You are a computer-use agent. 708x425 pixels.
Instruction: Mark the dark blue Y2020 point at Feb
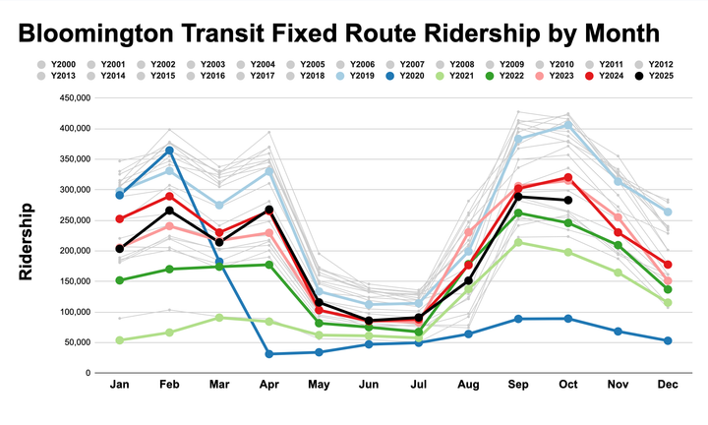[169, 151]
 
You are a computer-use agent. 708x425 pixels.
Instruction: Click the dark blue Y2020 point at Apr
[269, 353]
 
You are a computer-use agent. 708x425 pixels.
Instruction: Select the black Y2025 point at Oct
[568, 201]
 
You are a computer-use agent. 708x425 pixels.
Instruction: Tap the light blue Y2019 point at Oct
[568, 125]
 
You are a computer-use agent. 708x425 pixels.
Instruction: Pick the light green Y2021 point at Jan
[119, 339]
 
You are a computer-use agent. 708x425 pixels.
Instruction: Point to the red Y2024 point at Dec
[669, 265]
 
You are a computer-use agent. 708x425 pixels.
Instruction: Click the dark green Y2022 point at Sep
[518, 213]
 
